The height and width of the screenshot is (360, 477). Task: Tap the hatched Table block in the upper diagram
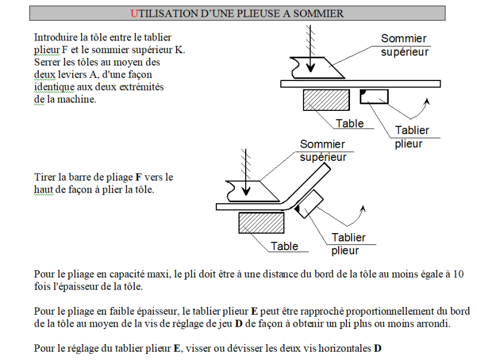tap(326, 100)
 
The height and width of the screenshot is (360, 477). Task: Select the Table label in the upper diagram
tap(349, 123)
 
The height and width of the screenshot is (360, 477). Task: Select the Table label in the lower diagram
tap(284, 246)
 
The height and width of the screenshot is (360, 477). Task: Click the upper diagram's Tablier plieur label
tap(411, 137)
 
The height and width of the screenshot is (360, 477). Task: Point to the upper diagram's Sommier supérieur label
tap(404, 45)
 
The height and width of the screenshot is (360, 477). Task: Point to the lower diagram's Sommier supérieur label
tap(322, 151)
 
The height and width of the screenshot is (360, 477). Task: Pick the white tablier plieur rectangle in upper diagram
tap(376, 96)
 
